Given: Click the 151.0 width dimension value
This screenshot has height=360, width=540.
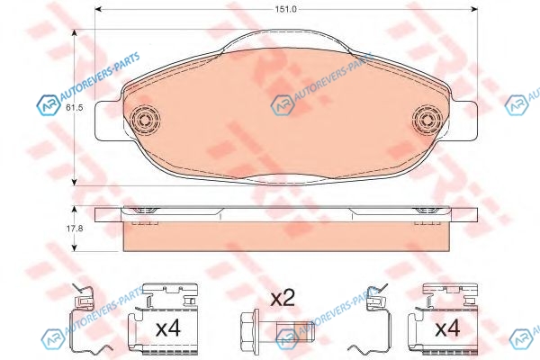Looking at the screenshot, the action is (x=285, y=9).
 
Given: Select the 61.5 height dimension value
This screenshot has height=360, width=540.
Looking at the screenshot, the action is (x=75, y=107).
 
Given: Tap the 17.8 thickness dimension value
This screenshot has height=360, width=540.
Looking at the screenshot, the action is (x=75, y=228).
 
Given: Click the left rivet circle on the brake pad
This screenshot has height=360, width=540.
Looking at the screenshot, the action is (x=145, y=119).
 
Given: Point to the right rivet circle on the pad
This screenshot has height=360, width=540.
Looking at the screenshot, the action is (x=427, y=119).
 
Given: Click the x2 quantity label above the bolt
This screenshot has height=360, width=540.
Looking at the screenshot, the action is (x=283, y=298).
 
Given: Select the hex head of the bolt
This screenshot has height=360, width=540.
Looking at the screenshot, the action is (x=249, y=326).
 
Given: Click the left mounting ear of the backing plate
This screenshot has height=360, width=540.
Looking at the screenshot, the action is (x=108, y=121).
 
